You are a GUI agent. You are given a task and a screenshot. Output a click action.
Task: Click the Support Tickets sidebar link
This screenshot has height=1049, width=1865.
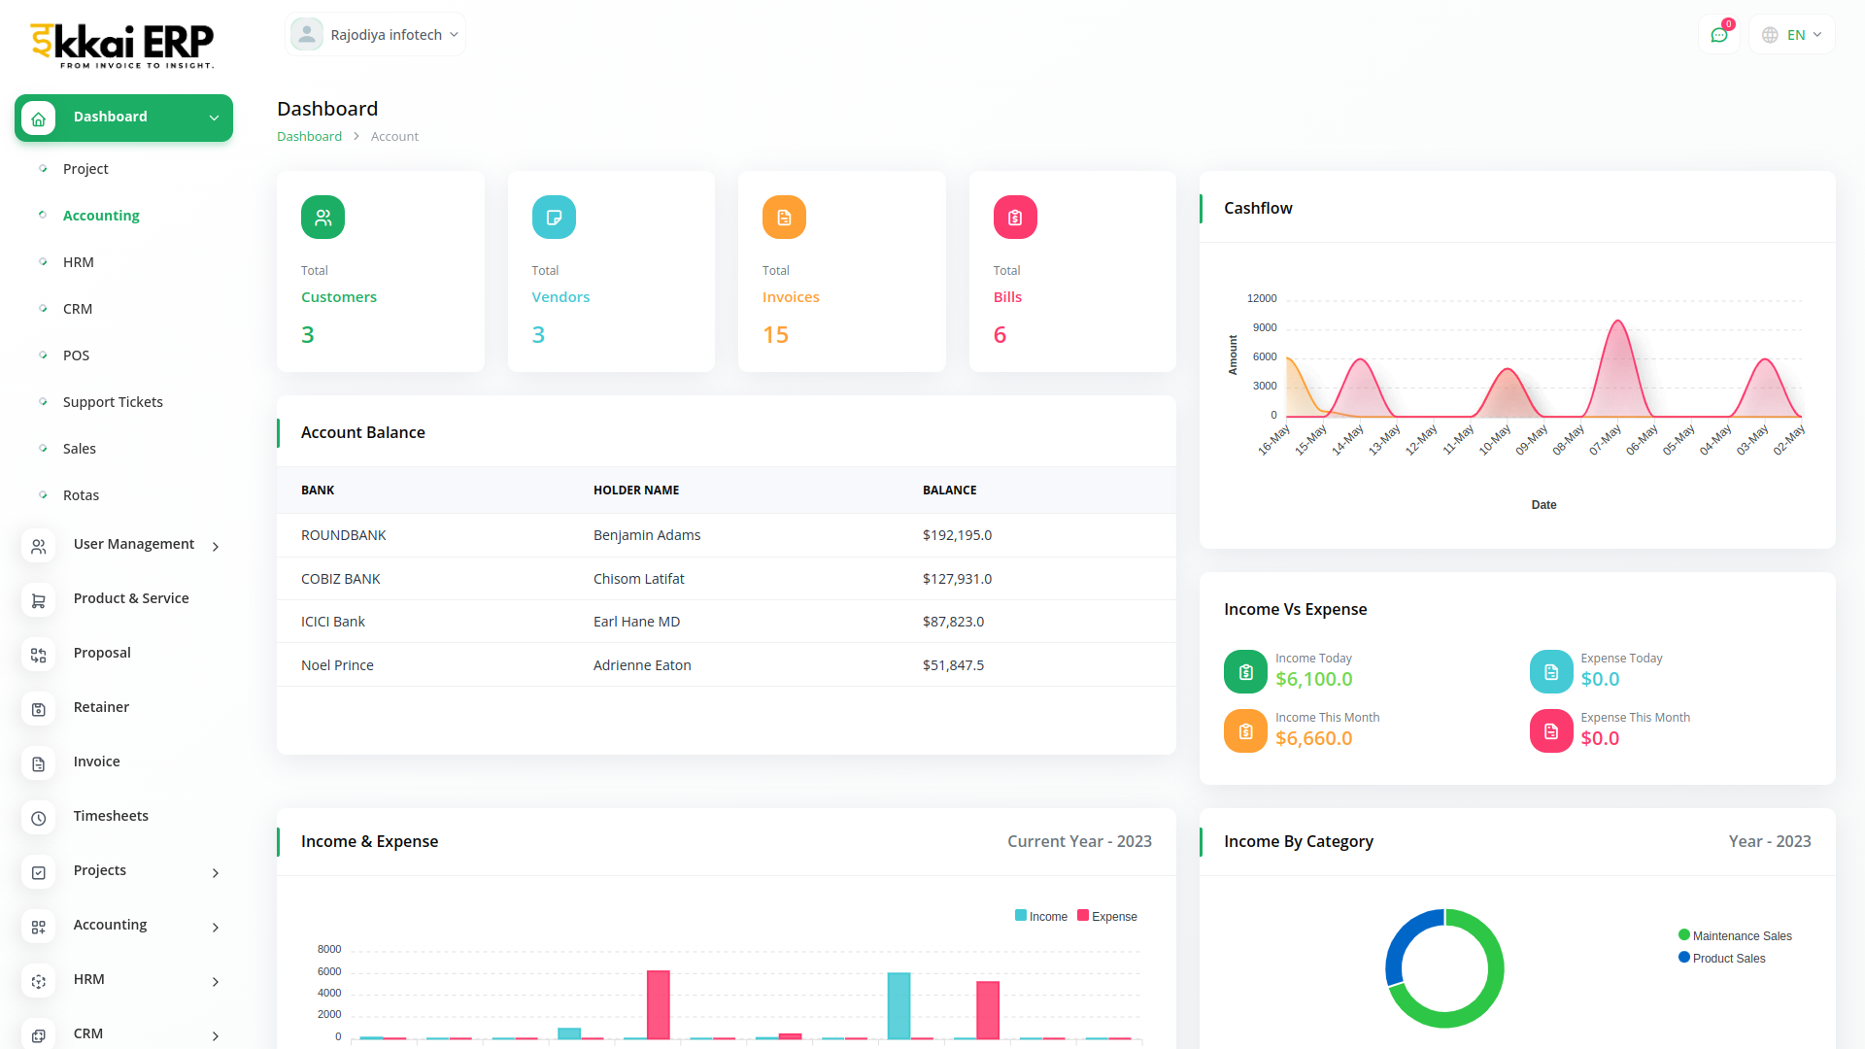[113, 402]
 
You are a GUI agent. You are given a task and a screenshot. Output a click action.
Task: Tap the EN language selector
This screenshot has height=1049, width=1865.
[1792, 35]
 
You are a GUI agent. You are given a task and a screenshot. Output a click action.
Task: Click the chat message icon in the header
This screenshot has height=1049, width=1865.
[1719, 35]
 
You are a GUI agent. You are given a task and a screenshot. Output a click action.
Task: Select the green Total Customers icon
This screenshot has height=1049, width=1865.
[322, 218]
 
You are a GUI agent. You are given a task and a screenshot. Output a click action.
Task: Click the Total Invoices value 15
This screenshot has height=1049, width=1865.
[775, 335]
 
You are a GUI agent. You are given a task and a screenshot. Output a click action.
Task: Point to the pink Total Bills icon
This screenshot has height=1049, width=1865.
[1015, 218]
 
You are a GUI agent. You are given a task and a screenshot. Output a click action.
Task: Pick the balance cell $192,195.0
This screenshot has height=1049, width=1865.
[957, 535]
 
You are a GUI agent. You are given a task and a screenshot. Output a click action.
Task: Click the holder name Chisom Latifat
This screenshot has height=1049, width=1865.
[638, 579]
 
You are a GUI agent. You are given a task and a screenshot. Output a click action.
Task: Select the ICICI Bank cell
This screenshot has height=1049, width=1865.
[333, 622]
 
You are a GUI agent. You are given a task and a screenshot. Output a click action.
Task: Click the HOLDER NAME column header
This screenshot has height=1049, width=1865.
[636, 491]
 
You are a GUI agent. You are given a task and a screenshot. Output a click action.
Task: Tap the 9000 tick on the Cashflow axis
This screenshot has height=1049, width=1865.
[1265, 327]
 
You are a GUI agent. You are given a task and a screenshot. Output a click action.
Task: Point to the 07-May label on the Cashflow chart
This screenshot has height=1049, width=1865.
[1606, 439]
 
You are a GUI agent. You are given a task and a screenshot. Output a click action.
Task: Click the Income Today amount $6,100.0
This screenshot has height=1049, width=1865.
[1313, 679]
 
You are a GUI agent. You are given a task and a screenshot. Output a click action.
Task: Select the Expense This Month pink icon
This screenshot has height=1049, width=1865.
[1551, 731]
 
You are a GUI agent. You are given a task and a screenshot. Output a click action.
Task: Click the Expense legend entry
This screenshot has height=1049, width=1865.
[1107, 916]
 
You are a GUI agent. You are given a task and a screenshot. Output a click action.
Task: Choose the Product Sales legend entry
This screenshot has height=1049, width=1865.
[1728, 959]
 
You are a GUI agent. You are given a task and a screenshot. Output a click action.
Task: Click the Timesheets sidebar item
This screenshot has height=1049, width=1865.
[111, 816]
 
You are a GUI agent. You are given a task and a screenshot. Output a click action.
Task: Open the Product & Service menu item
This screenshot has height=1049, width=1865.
[131, 598]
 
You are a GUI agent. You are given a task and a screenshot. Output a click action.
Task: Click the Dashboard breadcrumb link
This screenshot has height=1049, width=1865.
[309, 137]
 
